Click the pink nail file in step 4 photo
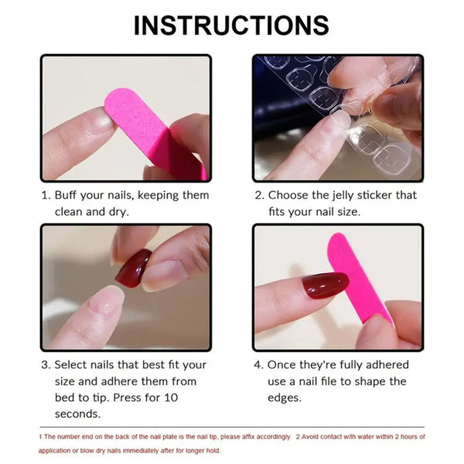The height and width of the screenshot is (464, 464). pos(358,275)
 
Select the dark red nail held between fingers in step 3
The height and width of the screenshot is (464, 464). pos(133,268)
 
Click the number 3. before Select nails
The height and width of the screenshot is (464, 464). pos(46,365)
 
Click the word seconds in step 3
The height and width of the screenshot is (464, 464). pos(77,415)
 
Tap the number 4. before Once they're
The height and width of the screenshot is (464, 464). pos(258,365)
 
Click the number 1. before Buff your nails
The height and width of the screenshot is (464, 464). pos(45,195)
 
